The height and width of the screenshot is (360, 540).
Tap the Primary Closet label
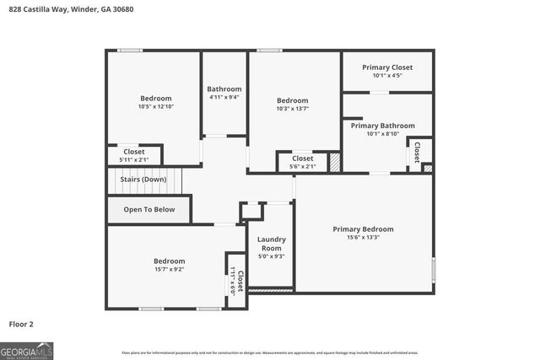[x=387, y=67]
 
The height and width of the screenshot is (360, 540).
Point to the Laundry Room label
[x=271, y=244]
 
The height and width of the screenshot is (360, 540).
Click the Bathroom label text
[x=224, y=89]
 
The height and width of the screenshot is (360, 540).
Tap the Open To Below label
[x=149, y=209]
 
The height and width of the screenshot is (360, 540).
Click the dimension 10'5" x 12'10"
[x=155, y=107]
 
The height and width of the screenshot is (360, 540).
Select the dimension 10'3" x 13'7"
[x=293, y=109]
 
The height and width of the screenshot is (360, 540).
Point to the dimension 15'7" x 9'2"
[x=169, y=270]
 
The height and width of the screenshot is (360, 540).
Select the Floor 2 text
[x=21, y=324]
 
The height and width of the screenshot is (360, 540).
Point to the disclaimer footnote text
[x=269, y=352]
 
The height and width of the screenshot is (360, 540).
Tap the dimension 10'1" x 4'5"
[x=387, y=76]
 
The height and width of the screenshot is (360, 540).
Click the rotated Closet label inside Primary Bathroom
[x=418, y=152]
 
